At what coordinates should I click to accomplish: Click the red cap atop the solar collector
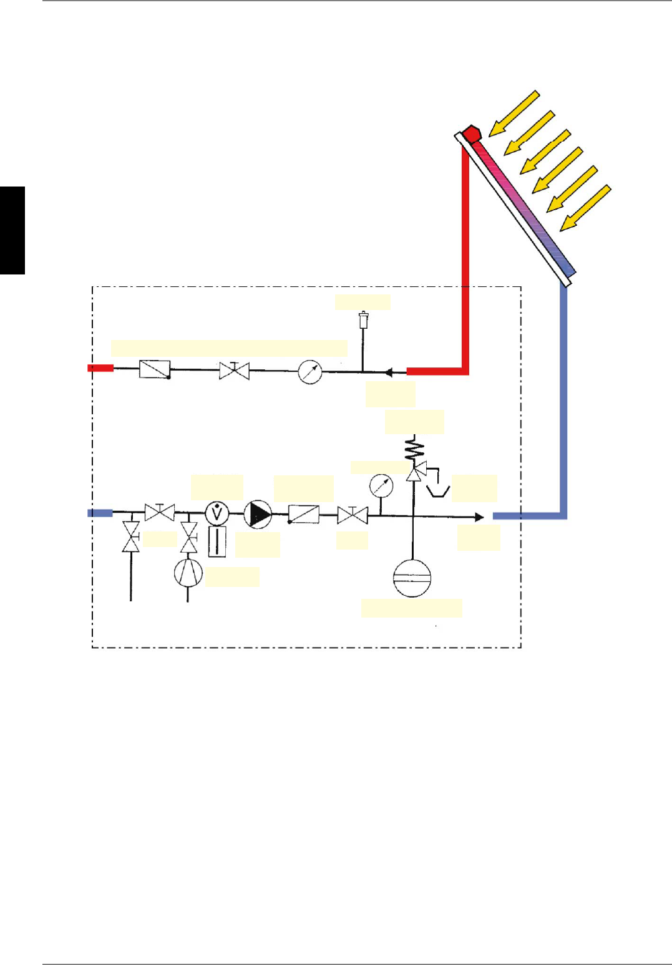click(x=472, y=133)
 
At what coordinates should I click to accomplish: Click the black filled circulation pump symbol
click(x=258, y=515)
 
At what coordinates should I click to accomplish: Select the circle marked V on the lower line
click(x=217, y=513)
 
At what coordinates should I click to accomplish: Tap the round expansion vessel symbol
click(x=412, y=578)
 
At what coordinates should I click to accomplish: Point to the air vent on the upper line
click(x=363, y=321)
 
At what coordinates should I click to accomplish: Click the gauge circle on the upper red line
click(x=310, y=372)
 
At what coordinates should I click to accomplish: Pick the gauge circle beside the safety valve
click(x=381, y=486)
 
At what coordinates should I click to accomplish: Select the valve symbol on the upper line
click(x=235, y=371)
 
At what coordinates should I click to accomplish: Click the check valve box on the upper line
click(x=155, y=369)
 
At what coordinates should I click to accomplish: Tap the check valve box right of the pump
click(x=304, y=515)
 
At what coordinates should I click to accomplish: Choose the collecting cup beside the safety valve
click(x=438, y=491)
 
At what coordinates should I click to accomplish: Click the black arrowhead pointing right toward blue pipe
click(x=479, y=517)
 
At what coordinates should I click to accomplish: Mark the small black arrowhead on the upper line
click(x=388, y=372)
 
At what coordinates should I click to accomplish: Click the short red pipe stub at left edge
click(x=100, y=368)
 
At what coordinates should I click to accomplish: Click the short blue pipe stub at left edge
click(x=100, y=513)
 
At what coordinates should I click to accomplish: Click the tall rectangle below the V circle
click(x=217, y=541)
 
